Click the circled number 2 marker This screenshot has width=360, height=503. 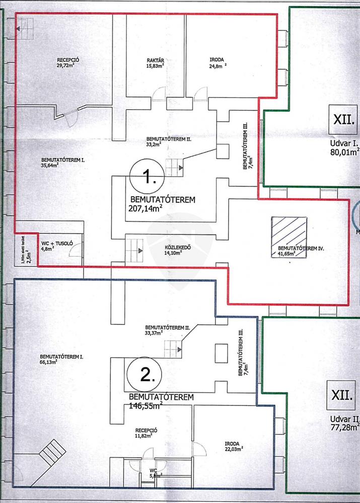tap(143, 375)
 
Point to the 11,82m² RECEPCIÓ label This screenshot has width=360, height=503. tap(147, 433)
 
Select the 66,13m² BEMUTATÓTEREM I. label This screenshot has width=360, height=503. tap(60, 359)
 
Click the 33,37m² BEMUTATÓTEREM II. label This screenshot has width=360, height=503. tap(167, 329)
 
